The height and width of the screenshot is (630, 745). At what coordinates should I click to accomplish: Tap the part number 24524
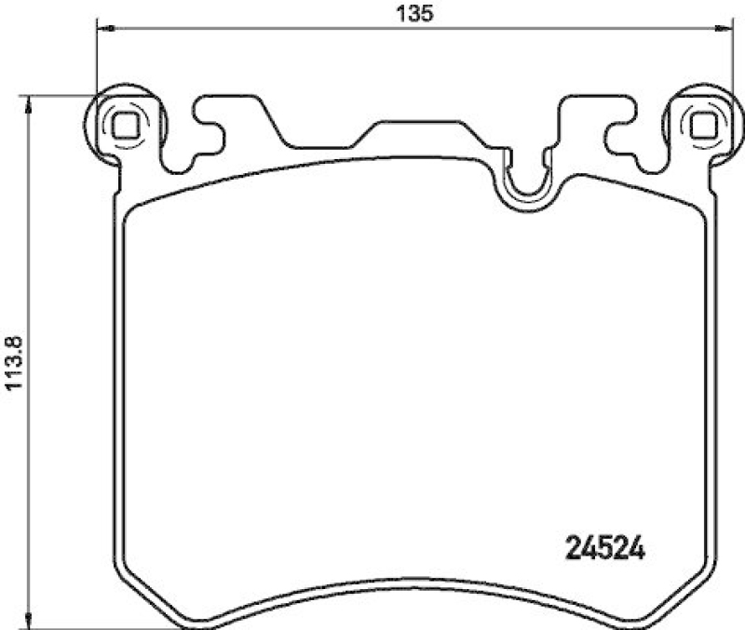[606, 544]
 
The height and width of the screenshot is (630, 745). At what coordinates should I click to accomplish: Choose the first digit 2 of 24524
[576, 544]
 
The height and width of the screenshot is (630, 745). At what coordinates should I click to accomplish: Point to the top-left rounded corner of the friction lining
[133, 212]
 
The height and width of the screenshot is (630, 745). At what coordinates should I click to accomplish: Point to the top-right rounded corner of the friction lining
[698, 212]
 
